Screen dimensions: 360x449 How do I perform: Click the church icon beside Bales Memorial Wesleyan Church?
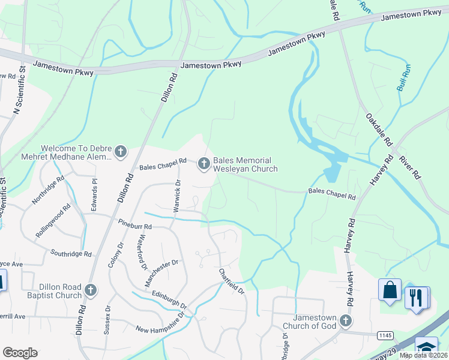pyautogui.click(x=204, y=163)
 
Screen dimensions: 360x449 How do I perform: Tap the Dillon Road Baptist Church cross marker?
pyautogui.click(x=91, y=291)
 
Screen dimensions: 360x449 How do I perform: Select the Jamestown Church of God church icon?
pyautogui.click(x=345, y=320)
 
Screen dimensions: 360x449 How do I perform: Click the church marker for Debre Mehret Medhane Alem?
pyautogui.click(x=121, y=152)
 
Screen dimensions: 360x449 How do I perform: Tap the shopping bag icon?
pyautogui.click(x=390, y=289)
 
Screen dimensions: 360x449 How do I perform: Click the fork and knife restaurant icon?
pyautogui.click(x=415, y=297)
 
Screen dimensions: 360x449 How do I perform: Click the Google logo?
pyautogui.click(x=20, y=353)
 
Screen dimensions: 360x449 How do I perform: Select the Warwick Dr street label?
pyautogui.click(x=177, y=191)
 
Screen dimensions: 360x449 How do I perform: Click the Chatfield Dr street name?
pyautogui.click(x=232, y=280)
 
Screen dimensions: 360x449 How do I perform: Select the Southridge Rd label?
pyautogui.click(x=72, y=253)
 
